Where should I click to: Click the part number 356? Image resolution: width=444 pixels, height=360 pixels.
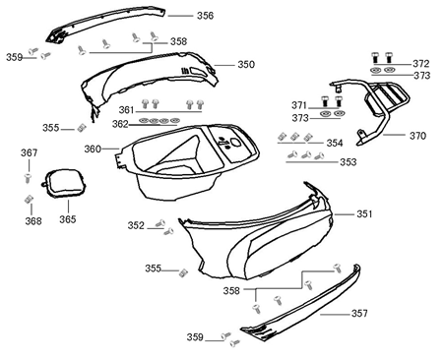[205, 16]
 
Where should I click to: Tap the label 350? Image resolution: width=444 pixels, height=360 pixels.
[245, 64]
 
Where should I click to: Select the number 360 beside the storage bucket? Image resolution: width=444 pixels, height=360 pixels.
[92, 149]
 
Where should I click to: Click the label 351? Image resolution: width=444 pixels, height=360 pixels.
[364, 213]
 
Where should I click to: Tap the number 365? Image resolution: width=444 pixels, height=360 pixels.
[67, 219]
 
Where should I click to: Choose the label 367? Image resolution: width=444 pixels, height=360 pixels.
[30, 152]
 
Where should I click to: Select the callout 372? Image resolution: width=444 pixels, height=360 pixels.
[421, 63]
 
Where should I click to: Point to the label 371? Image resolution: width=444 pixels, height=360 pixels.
[299, 103]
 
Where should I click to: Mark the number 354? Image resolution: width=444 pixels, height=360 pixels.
[335, 143]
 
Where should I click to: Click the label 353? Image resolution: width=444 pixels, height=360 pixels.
[349, 162]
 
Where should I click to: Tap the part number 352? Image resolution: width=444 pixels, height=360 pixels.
[136, 225]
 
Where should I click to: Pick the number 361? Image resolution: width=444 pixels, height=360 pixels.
[127, 109]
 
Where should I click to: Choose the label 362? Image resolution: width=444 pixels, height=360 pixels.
[119, 124]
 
